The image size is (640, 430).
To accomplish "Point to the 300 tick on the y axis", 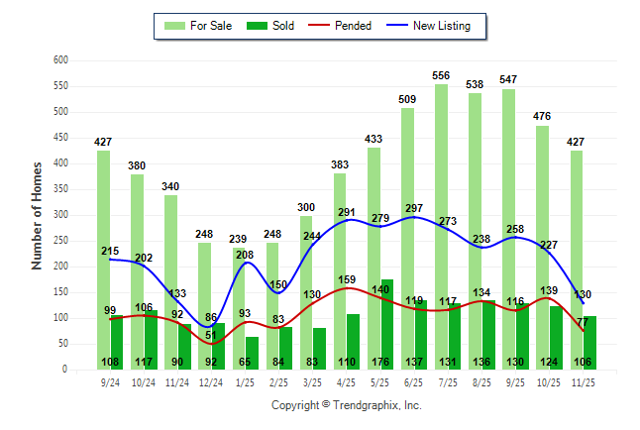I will [60, 215].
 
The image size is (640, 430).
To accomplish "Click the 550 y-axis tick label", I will [60, 86].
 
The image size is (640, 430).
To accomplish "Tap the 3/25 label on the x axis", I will [312, 382].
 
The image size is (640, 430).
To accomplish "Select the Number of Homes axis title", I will [37, 215].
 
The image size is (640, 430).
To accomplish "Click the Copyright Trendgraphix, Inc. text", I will [346, 405].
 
